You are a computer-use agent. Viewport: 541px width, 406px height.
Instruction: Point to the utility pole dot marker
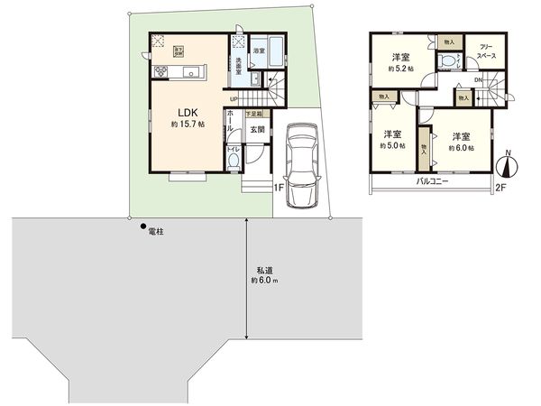pos(144,226)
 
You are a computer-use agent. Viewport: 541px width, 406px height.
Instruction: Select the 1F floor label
pos(279,187)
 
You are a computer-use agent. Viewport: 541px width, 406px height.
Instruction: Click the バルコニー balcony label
pos(433,181)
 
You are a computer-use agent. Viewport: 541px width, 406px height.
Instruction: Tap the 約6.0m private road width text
pos(264,281)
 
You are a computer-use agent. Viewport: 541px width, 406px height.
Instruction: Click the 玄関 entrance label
pos(256,129)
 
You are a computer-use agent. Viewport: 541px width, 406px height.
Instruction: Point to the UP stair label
pos(234,98)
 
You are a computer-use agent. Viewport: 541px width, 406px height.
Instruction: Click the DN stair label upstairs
pos(479,81)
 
